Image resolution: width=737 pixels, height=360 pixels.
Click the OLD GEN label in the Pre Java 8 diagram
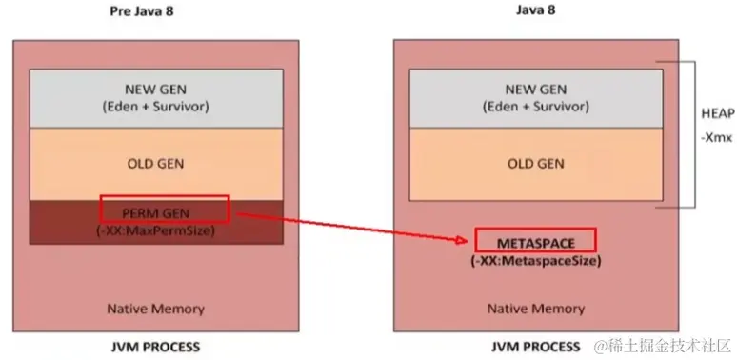coord(155,163)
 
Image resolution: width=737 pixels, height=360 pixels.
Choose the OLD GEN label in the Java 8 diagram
coord(536,163)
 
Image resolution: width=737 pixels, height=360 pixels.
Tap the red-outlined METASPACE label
coord(536,238)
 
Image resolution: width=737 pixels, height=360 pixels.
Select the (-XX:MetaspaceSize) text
coord(536,259)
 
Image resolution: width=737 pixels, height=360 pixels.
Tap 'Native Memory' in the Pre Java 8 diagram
coord(155,309)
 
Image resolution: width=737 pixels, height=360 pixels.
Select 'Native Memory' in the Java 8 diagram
coord(536,309)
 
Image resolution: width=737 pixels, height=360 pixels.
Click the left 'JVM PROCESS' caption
coord(156,346)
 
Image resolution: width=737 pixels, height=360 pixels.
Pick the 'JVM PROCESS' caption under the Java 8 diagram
coord(536,346)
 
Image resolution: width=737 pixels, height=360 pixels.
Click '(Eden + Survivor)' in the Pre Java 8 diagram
coord(155,107)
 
